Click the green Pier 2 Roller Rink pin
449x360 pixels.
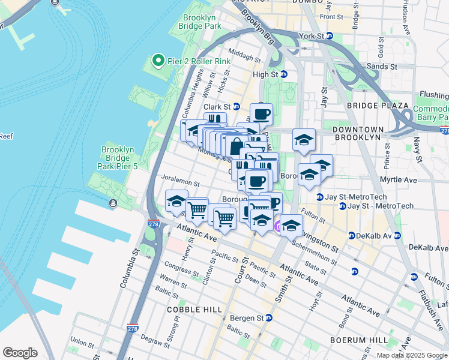point(158,60)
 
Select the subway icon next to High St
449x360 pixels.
point(284,74)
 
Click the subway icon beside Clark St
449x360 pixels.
point(237,107)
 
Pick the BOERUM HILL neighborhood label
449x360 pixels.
point(359,340)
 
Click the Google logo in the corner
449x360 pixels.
point(20,353)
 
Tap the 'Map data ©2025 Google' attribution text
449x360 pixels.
point(412,355)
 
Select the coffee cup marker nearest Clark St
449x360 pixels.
point(261,113)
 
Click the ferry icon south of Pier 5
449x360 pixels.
point(113,203)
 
